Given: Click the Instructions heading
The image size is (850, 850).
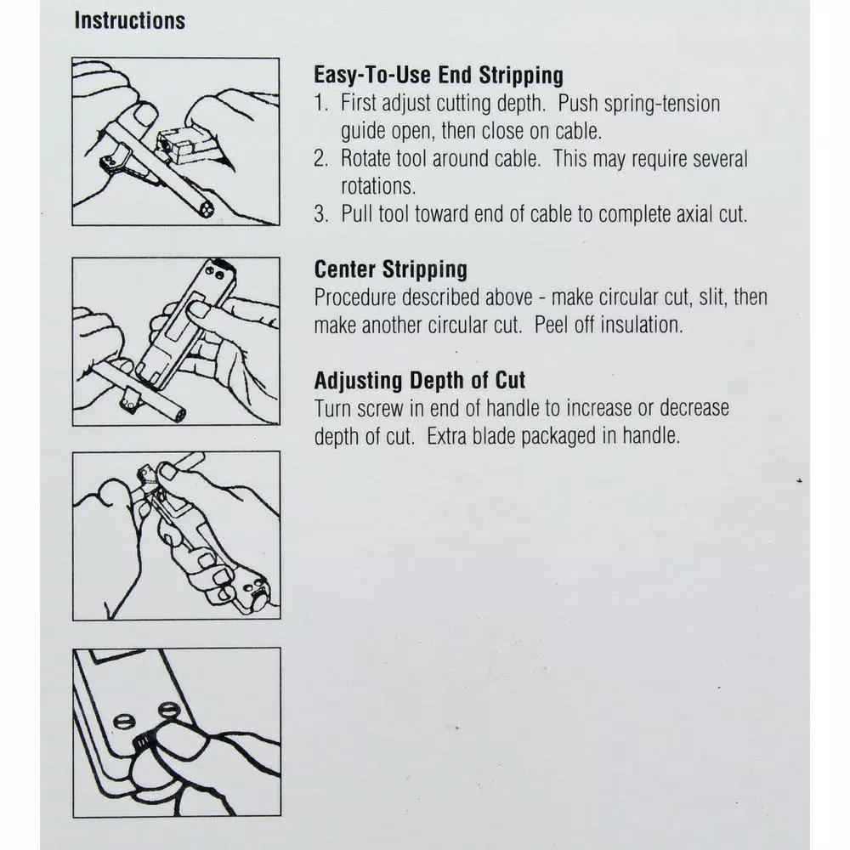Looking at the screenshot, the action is point(130,20).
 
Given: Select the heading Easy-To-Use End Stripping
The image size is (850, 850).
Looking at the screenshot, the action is point(439,76).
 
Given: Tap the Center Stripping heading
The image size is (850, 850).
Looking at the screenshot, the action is point(390,269).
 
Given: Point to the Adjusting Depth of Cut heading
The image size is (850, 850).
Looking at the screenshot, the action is point(420,380).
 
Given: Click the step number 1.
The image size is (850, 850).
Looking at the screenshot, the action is point(321,103).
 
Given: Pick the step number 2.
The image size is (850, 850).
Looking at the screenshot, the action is point(321,158).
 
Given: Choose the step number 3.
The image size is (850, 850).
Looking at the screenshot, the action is point(321,213).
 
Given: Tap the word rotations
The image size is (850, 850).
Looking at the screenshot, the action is point(378,186).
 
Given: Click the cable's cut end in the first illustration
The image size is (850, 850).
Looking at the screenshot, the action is point(206,209).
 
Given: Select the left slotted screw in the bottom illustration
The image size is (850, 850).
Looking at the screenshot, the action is point(123,722).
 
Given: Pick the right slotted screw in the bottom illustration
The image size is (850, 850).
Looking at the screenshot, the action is point(169,709).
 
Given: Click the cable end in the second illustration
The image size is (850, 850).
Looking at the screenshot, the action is point(178,416).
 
